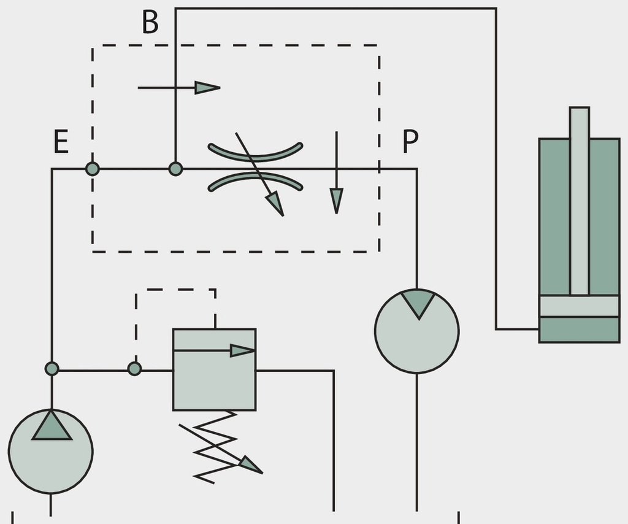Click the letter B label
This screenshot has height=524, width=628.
click(x=150, y=22)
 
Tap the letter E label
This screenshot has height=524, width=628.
click(x=61, y=141)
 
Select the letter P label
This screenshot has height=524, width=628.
click(x=410, y=141)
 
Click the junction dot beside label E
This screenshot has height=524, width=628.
click(x=93, y=169)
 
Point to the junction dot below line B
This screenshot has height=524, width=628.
click(x=175, y=169)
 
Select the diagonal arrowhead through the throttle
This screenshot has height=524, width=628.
click(x=275, y=204)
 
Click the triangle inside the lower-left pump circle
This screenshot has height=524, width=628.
click(x=52, y=426)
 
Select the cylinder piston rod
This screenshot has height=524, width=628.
click(x=580, y=201)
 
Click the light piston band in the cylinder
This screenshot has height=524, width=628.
click(x=580, y=306)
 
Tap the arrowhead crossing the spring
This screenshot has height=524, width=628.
click(x=251, y=465)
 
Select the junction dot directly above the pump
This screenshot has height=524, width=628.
click(x=52, y=369)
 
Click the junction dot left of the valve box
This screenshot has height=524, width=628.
click(x=134, y=369)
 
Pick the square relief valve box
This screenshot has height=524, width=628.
click(x=214, y=370)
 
